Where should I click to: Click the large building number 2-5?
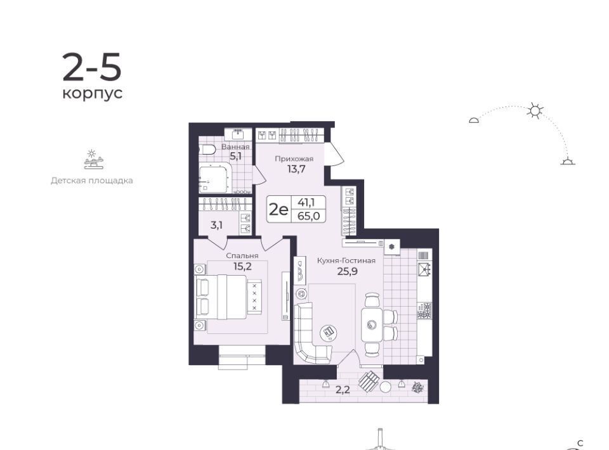92,67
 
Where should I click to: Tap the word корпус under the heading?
93,94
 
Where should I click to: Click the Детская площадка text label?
91,181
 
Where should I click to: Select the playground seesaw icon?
94,160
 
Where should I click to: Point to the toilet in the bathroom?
207,150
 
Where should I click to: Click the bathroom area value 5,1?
235,157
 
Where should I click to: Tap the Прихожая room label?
294,158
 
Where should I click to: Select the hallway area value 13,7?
296,169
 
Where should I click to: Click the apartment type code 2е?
279,210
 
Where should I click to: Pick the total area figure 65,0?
309,216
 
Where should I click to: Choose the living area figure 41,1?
306,202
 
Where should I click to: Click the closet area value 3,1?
216,226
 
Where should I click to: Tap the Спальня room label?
242,256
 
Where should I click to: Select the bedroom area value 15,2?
242,266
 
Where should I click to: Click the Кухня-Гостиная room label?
346,260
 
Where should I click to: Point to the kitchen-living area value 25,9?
347,271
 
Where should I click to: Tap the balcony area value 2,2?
343,390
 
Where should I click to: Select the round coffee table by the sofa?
328,332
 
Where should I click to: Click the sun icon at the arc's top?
535,111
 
